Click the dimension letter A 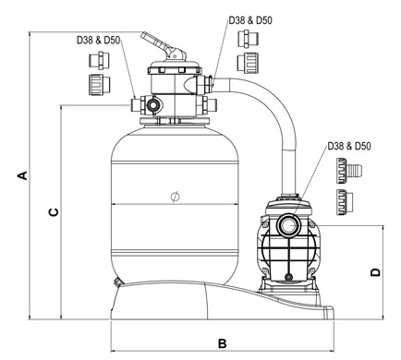click(x=23, y=175)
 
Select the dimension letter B click(x=222, y=343)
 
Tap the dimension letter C click(x=54, y=212)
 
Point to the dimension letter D click(x=375, y=272)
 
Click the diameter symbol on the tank click(x=175, y=197)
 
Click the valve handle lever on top click(x=163, y=45)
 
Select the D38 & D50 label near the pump click(x=349, y=146)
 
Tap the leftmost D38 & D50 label click(x=98, y=40)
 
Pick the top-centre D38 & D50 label click(x=250, y=20)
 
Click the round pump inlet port click(x=288, y=225)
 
